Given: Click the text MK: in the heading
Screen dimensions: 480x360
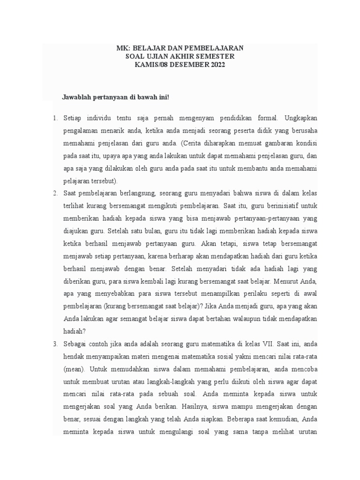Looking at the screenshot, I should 123,48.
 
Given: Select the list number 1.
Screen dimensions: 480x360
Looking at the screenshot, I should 54,117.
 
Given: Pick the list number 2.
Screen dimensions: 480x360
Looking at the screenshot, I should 54,193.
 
